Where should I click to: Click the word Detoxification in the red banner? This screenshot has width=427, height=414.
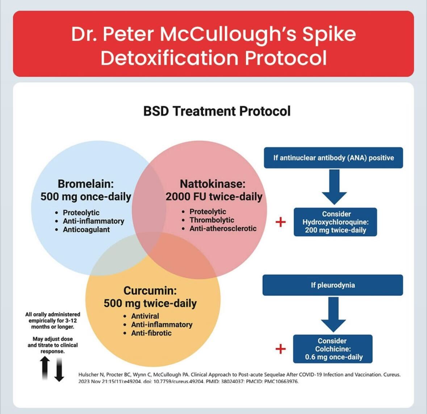(169, 58)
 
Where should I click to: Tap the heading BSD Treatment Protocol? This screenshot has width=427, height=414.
(217, 111)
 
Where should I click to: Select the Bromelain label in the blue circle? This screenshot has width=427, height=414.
(86, 184)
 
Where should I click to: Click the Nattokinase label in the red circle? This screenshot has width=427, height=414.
(213, 184)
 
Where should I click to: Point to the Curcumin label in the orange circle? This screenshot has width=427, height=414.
(150, 290)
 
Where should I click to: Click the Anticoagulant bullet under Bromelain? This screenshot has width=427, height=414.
(86, 230)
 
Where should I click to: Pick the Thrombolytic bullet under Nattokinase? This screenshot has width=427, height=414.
(212, 220)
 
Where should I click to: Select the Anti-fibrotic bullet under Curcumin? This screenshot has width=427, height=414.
(151, 333)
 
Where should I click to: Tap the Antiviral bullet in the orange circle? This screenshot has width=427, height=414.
(145, 316)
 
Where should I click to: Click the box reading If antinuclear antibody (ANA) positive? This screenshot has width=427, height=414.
(333, 158)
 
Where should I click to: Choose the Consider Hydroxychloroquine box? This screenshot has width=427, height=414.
(335, 222)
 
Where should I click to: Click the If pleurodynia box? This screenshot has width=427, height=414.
(332, 285)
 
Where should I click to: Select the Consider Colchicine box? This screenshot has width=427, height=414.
(332, 349)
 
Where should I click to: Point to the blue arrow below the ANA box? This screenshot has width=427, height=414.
(334, 187)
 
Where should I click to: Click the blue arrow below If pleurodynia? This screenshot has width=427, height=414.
(333, 314)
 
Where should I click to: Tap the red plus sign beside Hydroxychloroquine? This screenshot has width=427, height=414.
(281, 222)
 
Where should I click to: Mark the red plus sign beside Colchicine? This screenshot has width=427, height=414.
(281, 349)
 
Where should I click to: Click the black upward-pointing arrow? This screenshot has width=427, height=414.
(45, 368)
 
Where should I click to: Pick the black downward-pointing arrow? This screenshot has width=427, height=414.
(59, 369)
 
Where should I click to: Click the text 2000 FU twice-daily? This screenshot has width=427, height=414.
(214, 197)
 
